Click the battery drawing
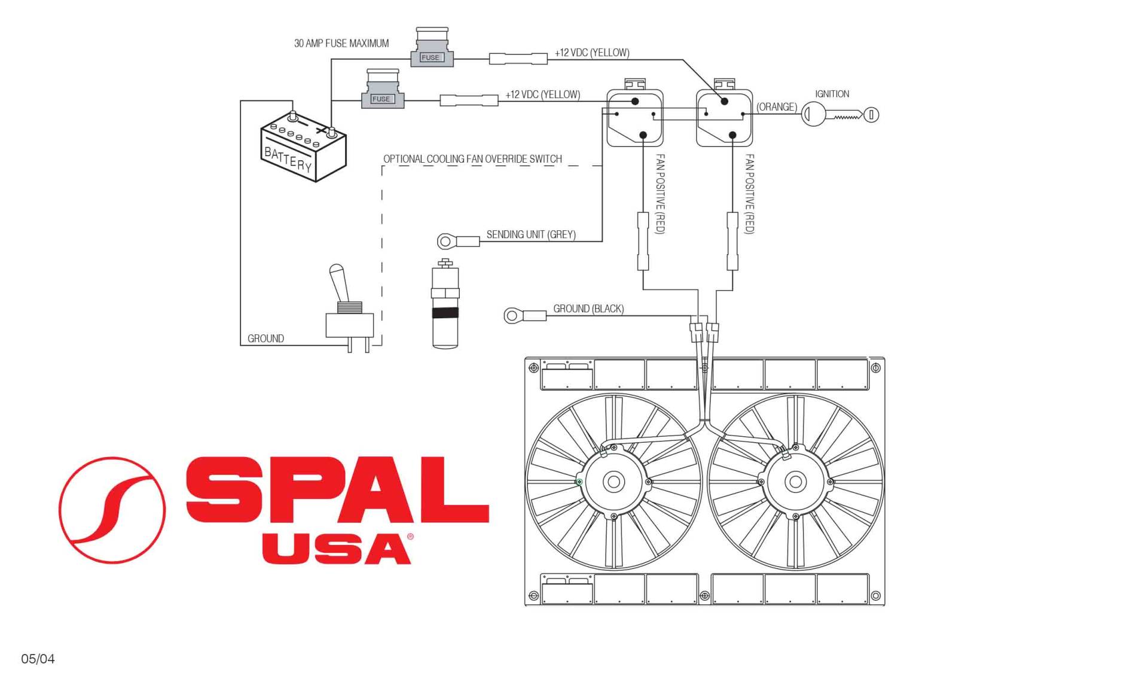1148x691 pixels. [303, 147]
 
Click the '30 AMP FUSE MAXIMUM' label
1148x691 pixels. [341, 43]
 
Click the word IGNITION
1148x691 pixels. [832, 94]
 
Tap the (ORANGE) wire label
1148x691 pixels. [777, 107]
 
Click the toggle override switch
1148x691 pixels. [350, 309]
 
